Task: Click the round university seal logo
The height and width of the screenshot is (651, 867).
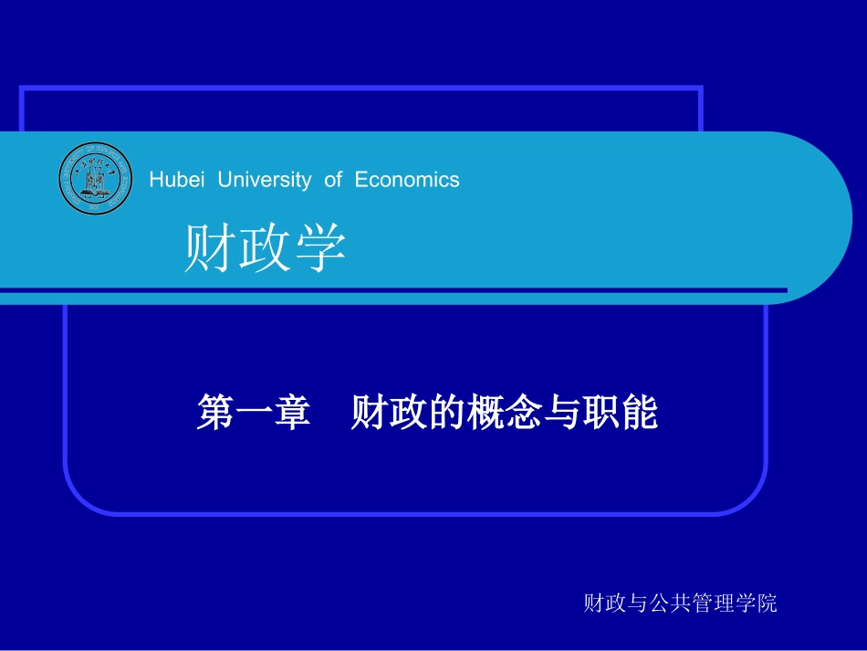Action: (x=96, y=179)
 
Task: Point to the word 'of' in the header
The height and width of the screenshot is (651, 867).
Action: (x=332, y=180)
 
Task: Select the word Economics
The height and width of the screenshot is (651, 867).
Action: (x=407, y=180)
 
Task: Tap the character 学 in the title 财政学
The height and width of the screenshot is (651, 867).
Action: (x=320, y=248)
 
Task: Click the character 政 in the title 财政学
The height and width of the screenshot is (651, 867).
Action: (x=265, y=248)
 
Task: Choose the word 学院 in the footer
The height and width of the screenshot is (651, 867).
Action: (x=757, y=603)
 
